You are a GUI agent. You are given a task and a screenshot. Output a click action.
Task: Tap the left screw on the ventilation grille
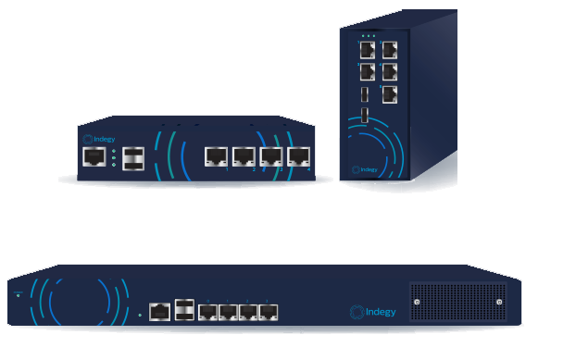418,304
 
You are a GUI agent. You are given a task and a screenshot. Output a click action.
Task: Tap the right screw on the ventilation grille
500,304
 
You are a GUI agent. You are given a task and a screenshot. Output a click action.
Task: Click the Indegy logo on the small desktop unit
100,140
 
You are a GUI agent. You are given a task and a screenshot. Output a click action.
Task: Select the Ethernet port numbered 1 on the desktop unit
216,155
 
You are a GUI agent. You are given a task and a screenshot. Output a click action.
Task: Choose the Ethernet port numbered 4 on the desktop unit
298,155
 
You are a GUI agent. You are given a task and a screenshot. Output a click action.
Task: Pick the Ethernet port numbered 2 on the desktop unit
244,155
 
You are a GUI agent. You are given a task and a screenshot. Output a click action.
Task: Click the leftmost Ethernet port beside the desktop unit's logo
94,156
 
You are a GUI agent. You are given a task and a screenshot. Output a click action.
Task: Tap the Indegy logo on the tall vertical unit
363,170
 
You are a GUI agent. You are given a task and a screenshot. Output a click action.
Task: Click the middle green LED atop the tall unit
367,36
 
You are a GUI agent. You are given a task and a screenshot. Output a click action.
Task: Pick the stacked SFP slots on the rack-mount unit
183,310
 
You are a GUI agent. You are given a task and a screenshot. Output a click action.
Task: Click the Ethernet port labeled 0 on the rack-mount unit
158,312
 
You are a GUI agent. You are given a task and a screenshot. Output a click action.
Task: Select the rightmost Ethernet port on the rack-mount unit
268,312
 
